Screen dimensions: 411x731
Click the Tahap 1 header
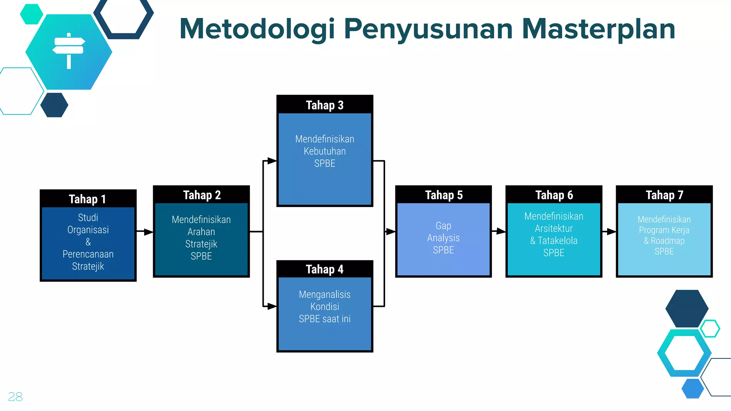(x=87, y=199)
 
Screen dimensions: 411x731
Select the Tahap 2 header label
(x=202, y=195)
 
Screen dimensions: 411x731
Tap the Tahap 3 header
(x=324, y=105)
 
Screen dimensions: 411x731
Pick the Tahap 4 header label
(x=324, y=269)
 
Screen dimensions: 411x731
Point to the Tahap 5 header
(x=444, y=195)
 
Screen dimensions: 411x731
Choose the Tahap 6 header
(x=554, y=195)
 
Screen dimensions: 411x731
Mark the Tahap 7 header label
(x=664, y=195)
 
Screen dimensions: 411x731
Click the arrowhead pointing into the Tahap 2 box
(x=148, y=232)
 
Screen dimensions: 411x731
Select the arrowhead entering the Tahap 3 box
(x=272, y=161)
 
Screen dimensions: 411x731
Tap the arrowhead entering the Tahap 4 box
(x=272, y=306)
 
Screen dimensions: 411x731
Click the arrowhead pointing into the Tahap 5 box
(x=391, y=232)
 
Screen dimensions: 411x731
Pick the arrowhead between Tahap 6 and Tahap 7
(x=611, y=232)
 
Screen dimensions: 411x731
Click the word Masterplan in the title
(x=599, y=29)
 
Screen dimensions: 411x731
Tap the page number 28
(x=15, y=397)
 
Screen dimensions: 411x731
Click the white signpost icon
(x=69, y=50)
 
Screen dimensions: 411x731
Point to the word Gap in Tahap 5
(x=443, y=226)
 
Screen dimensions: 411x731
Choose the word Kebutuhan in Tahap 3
(x=324, y=151)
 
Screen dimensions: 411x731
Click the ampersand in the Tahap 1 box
(x=88, y=242)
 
